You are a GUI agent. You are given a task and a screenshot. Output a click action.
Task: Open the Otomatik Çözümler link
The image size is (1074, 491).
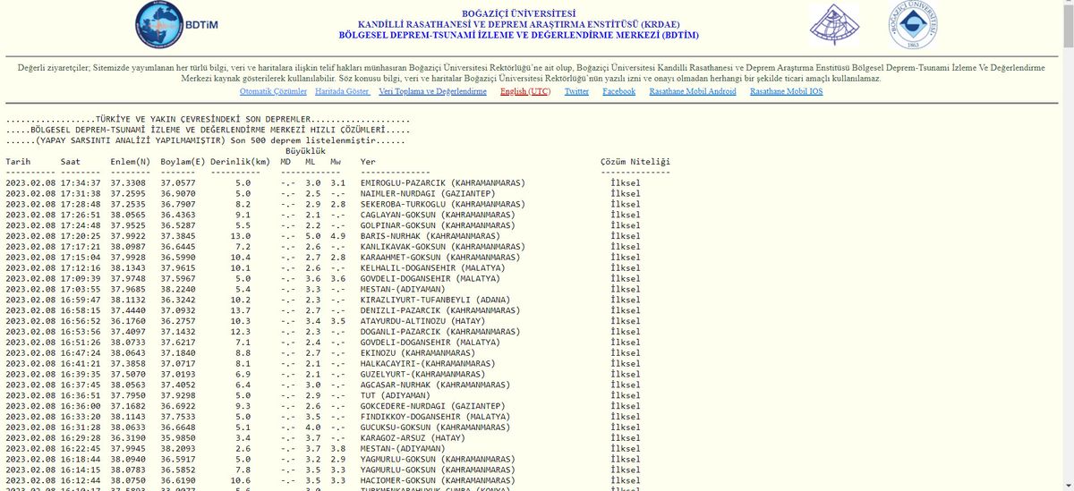coord(273,91)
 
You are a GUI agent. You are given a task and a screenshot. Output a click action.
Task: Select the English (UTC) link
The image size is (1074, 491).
coord(525,91)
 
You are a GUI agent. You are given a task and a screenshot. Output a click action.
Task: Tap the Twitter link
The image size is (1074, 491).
coord(576,91)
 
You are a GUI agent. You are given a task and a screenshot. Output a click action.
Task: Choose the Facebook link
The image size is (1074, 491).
coord(618,91)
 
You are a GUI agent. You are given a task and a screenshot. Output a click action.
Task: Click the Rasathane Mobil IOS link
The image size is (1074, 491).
coord(786,91)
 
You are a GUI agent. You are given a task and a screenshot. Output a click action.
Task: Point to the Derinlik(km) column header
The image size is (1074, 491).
coord(241,162)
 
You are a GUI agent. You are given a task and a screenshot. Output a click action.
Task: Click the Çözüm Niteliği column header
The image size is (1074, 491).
coord(635,162)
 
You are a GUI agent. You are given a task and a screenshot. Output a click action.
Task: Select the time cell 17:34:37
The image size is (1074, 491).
coord(81,183)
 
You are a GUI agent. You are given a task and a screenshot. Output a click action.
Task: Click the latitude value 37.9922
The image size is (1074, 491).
coord(129,236)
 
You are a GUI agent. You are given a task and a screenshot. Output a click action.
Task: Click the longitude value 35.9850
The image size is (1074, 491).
coord(178,438)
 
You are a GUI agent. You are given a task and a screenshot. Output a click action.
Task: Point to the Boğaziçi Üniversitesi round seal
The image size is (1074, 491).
coord(913,25)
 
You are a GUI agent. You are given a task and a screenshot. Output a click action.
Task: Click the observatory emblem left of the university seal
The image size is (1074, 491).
coord(833,25)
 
